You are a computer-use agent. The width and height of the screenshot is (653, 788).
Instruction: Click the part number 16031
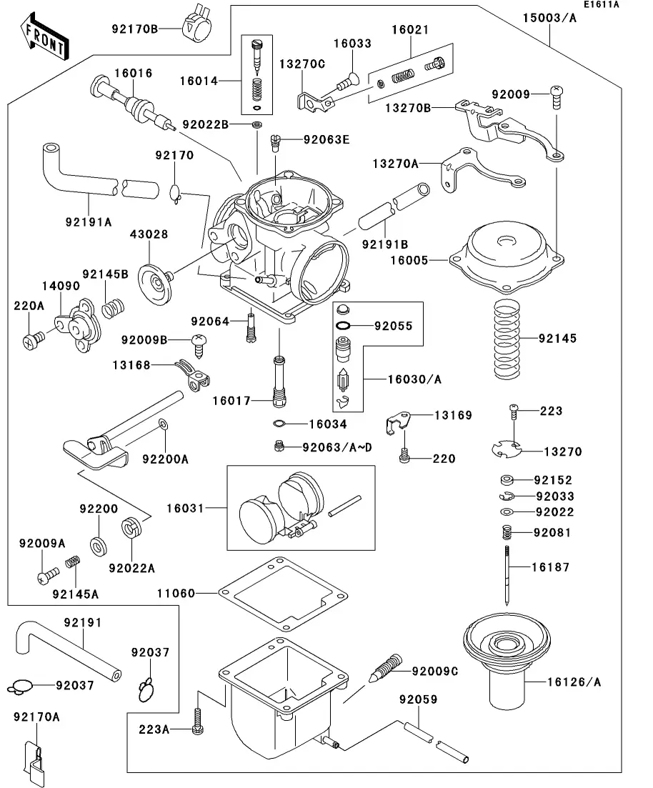click(186, 508)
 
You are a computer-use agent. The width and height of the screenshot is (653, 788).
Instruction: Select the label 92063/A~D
click(337, 447)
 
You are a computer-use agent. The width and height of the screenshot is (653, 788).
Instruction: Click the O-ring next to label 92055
click(344, 325)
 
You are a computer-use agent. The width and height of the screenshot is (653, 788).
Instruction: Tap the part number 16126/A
click(572, 682)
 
